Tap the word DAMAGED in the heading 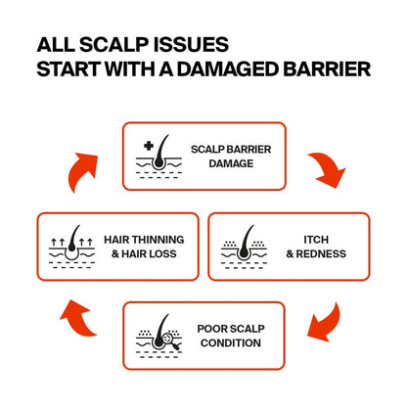pyautogui.click(x=227, y=68)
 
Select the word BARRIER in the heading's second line pyautogui.click(x=327, y=68)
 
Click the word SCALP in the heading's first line pyautogui.click(x=114, y=45)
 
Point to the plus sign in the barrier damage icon pyautogui.click(x=149, y=146)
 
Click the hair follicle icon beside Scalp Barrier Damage pyautogui.click(x=158, y=157)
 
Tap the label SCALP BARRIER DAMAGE pyautogui.click(x=231, y=157)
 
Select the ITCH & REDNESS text pyautogui.click(x=316, y=247)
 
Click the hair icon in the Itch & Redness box pyautogui.click(x=244, y=247)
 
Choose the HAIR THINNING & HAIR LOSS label pyautogui.click(x=144, y=247)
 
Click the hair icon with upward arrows pyautogui.click(x=72, y=247)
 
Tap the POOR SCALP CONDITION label pyautogui.click(x=231, y=336)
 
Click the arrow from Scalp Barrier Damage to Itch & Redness pyautogui.click(x=328, y=168)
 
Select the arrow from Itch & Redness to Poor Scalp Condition pyautogui.click(x=325, y=323)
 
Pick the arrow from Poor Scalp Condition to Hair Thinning pyautogui.click(x=78, y=318)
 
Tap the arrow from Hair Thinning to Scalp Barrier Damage pyautogui.click(x=80, y=171)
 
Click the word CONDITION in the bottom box pyautogui.click(x=231, y=343)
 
